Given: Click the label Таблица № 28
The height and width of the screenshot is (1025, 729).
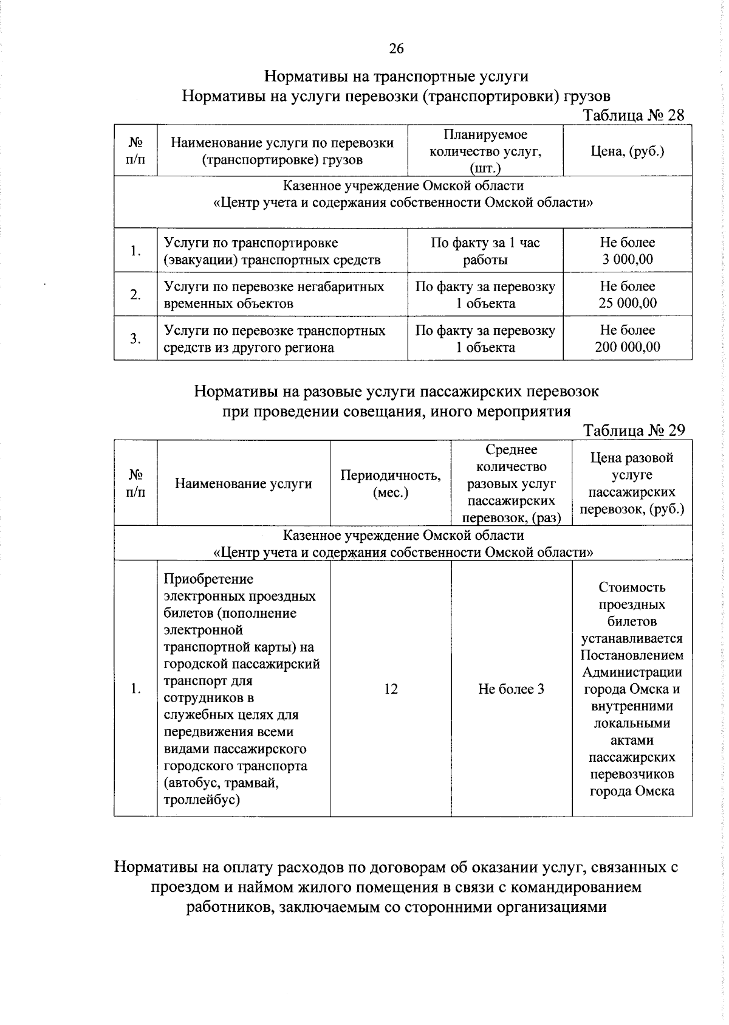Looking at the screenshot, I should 634,116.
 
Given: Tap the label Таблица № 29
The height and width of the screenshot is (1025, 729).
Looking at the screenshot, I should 634,430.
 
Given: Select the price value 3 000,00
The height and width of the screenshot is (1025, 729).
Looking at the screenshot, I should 628,260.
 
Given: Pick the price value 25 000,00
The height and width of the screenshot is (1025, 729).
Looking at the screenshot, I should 628,303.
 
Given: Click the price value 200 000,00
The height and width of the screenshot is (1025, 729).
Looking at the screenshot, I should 628,347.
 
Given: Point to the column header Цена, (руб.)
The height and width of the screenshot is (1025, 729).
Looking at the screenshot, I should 628,151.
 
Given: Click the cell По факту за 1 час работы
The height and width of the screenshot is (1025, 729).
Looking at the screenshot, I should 485,251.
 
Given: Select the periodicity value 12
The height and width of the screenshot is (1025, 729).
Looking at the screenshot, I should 391,689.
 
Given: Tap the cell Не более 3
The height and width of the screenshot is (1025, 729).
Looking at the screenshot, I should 511,689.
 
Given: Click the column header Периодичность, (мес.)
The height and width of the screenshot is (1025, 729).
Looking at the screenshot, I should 391,483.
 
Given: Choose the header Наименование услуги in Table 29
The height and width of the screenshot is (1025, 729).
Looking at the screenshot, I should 244,483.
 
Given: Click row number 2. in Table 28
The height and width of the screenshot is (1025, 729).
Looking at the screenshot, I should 135,295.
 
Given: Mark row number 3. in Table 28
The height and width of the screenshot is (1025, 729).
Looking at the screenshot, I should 135,339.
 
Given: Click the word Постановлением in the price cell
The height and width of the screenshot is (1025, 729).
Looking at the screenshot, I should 632,655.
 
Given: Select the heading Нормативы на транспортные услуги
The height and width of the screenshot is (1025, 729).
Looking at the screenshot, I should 396,77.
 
